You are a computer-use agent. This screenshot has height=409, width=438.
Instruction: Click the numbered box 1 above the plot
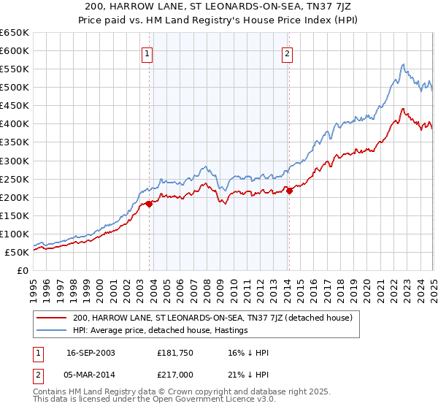click(x=147, y=53)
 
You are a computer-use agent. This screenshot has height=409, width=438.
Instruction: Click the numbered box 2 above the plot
click(x=288, y=53)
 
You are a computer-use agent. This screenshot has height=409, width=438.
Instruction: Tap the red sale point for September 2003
click(x=149, y=204)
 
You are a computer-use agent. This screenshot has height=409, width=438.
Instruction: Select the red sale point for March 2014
click(x=289, y=191)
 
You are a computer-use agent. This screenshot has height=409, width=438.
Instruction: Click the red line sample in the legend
click(x=53, y=318)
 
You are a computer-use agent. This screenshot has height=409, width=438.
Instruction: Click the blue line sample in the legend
click(x=53, y=331)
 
